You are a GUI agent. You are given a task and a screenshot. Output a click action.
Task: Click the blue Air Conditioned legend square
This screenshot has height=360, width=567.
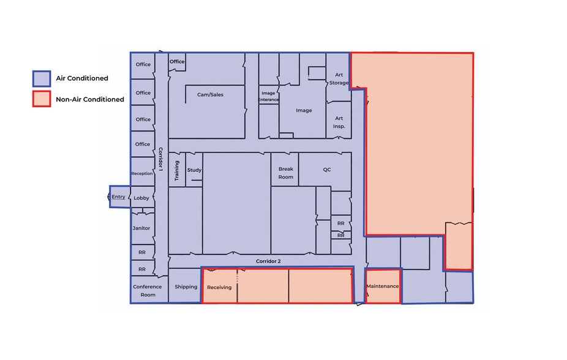[42, 78]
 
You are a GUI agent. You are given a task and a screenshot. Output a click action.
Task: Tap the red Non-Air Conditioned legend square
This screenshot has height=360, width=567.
[42, 99]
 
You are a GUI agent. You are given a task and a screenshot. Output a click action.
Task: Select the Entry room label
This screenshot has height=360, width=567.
[118, 197]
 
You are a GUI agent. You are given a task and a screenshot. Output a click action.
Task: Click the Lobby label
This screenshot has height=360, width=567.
[141, 198]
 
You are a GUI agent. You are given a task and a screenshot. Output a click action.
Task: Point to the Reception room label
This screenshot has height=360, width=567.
[142, 173]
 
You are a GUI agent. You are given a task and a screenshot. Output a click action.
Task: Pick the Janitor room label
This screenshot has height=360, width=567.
[141, 228]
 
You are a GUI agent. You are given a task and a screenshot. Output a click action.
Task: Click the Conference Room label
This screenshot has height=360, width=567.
[148, 291]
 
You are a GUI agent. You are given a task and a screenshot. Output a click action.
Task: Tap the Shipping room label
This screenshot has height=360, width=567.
[186, 287]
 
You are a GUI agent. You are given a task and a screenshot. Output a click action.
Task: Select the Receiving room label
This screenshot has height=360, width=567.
[219, 287]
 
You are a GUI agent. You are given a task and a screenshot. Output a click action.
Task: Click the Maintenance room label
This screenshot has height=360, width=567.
[383, 286]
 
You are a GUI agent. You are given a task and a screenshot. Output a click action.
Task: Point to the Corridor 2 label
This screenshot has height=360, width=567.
[268, 261]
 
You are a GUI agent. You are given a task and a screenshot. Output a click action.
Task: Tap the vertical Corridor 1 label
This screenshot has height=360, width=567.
[160, 159]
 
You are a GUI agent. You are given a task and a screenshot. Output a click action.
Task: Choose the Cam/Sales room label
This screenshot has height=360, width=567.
[210, 95]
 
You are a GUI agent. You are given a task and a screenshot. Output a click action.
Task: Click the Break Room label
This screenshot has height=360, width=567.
[286, 173]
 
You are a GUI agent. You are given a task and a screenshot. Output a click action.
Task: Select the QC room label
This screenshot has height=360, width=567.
[327, 170]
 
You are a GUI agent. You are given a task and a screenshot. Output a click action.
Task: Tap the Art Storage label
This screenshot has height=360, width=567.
[339, 79]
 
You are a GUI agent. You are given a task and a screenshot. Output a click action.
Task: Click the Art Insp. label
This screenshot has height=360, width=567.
[339, 122]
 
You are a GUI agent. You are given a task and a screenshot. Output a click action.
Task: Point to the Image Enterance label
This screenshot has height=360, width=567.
[268, 96]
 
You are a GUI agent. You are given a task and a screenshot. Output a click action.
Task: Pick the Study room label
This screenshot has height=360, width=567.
[194, 170]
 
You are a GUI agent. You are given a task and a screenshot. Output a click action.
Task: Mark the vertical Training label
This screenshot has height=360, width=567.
[177, 171]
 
